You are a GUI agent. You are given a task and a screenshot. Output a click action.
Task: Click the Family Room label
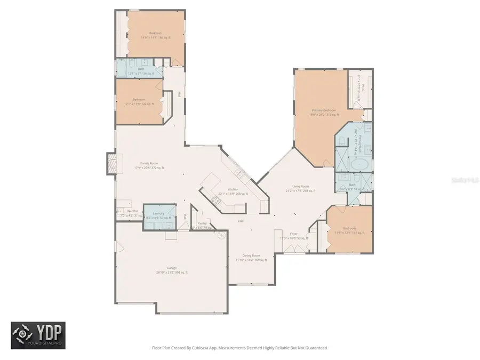click(x=149, y=164)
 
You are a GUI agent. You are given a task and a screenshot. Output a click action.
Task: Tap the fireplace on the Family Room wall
click(x=111, y=163)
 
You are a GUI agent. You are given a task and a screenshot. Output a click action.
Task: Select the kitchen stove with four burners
click(x=217, y=200)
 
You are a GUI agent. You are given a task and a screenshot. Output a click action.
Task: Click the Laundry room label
click(x=158, y=213)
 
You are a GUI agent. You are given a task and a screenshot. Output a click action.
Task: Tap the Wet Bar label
click(x=124, y=212)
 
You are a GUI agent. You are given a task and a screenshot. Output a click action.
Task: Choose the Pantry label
click(x=202, y=223)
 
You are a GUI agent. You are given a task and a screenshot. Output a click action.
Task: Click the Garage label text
click(x=172, y=268)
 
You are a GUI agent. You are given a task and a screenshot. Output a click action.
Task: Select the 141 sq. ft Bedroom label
click(x=349, y=228)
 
